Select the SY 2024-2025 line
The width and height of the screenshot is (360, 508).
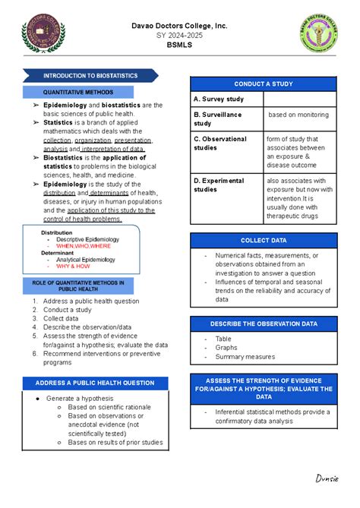[179, 36]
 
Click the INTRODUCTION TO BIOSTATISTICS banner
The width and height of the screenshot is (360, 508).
[90, 76]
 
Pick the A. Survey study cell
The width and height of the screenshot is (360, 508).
[226, 99]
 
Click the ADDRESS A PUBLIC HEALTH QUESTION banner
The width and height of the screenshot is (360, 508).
[90, 382]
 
